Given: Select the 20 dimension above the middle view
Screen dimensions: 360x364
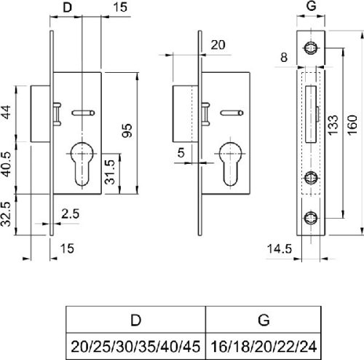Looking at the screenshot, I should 216,44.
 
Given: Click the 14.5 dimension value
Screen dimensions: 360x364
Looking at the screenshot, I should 277,249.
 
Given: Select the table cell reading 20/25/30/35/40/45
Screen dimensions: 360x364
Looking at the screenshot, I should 136,343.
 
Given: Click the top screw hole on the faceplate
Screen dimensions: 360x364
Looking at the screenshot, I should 310,49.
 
